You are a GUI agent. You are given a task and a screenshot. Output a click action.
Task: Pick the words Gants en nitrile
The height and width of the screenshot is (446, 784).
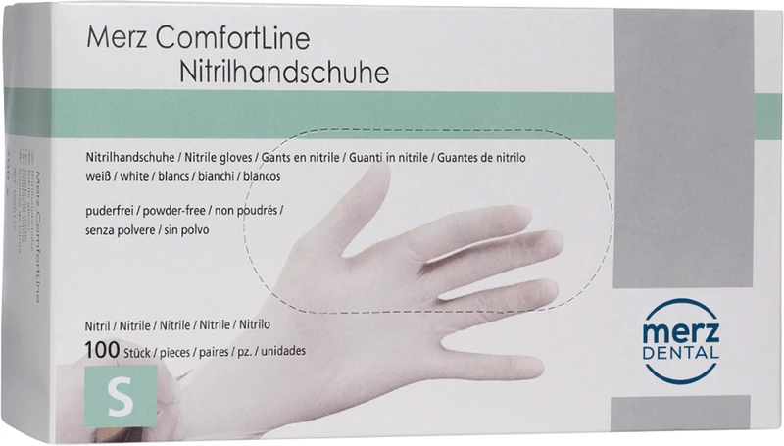point(301,158)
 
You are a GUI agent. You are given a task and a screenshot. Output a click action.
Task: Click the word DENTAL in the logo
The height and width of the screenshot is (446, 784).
point(681,351)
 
